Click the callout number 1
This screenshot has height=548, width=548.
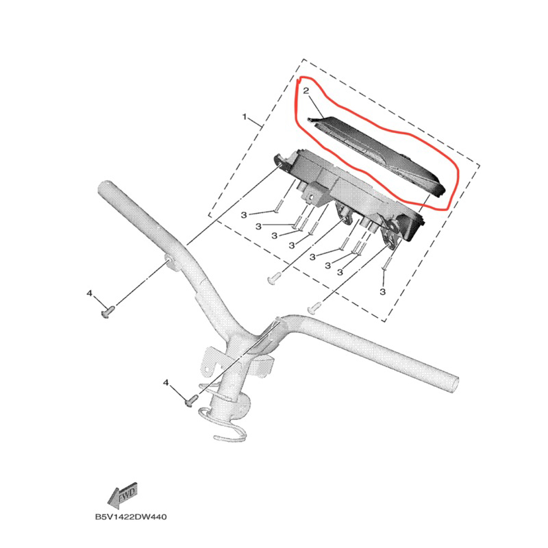(245, 118)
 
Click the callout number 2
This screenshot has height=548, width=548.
(307, 90)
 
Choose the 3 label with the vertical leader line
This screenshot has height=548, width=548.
(383, 292)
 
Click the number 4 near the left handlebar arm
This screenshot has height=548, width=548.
(89, 293)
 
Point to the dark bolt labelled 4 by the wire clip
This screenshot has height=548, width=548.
(191, 397)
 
